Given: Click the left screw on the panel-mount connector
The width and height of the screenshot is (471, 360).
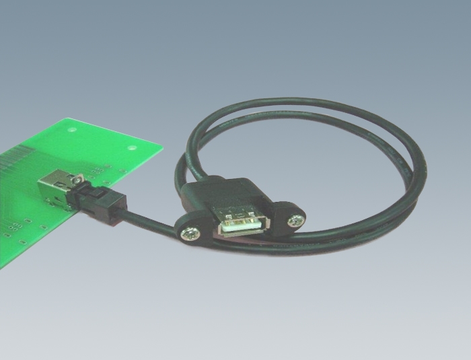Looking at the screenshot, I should [188, 232].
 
